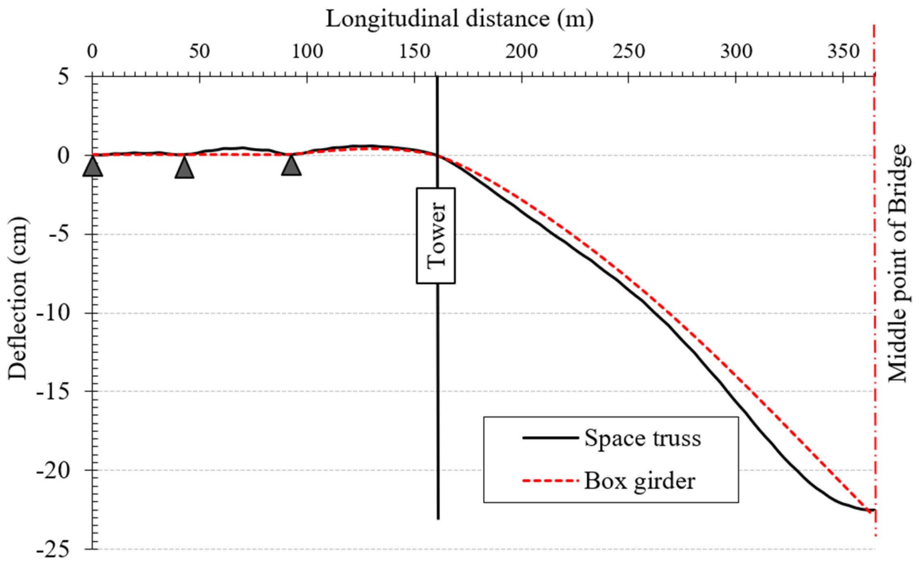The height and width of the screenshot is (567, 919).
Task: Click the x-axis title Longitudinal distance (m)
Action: pos(459,19)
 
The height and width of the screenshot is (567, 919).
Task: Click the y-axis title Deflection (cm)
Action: pos(18,299)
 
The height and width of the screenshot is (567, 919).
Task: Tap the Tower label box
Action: pos(436,236)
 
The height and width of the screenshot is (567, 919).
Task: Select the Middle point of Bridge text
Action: pos(897,263)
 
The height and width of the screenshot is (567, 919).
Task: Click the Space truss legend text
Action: pos(642,439)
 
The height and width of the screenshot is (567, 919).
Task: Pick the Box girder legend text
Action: pos(639,481)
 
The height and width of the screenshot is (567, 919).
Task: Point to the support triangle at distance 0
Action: pos(93,167)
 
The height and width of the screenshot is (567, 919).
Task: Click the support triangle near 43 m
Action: pos(185,168)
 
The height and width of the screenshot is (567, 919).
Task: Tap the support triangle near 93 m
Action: pos(291,166)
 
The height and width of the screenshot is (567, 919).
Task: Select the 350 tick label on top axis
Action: pos(843,52)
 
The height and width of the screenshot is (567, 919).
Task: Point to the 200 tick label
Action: pos(521,52)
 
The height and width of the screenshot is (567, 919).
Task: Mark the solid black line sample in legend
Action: pos(550,438)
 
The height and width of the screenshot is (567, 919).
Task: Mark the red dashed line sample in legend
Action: pos(550,481)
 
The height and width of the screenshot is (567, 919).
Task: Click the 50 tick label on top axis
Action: pos(199,52)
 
